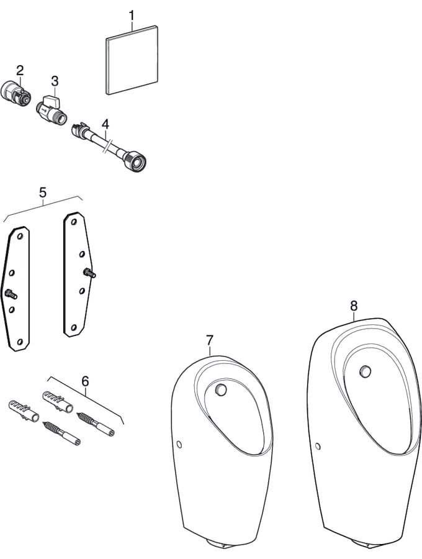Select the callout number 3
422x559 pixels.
[55, 81]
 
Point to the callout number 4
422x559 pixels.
[105, 122]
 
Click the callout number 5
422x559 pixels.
[42, 193]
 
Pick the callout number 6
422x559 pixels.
[85, 379]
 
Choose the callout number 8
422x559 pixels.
[353, 305]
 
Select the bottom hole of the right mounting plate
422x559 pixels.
[73, 327]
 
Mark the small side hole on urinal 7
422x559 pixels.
[179, 445]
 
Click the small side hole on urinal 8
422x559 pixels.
[318, 446]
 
